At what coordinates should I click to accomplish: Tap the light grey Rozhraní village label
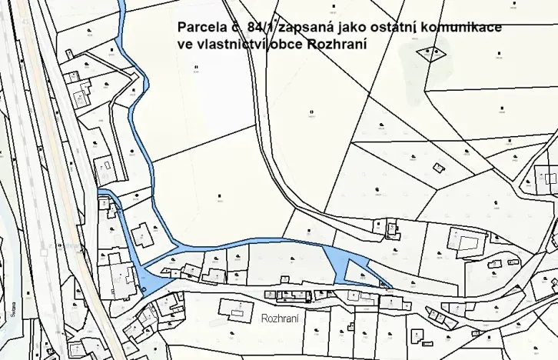pyautogui.click(x=280, y=317)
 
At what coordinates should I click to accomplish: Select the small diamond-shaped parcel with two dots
pyautogui.click(x=430, y=52)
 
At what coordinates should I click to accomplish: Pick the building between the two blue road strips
pyautogui.click(x=142, y=234)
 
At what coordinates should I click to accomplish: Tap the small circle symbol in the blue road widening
pyautogui.click(x=144, y=289)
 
